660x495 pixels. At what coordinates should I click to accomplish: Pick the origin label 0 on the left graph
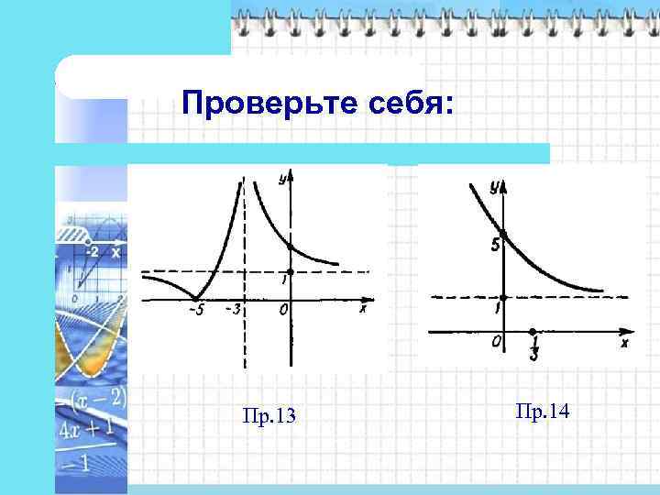(x=284, y=311)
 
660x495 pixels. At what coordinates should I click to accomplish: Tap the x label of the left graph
(x=362, y=310)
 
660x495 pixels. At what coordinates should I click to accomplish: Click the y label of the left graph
(x=282, y=178)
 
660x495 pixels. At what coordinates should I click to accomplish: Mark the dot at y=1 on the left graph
(x=290, y=271)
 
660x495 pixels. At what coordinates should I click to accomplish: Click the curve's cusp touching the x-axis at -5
(x=194, y=298)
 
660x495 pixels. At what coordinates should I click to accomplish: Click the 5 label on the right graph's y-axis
(x=495, y=246)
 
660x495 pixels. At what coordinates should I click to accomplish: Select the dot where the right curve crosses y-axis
(x=503, y=234)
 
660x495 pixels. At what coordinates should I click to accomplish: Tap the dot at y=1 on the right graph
(x=503, y=296)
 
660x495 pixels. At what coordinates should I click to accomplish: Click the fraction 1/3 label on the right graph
(x=533, y=347)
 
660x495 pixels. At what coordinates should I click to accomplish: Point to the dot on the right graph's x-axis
(x=533, y=332)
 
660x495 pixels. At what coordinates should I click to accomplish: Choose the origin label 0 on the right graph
(x=496, y=342)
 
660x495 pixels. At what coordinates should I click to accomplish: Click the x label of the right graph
(x=624, y=343)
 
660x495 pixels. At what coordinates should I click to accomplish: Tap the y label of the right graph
(x=494, y=186)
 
